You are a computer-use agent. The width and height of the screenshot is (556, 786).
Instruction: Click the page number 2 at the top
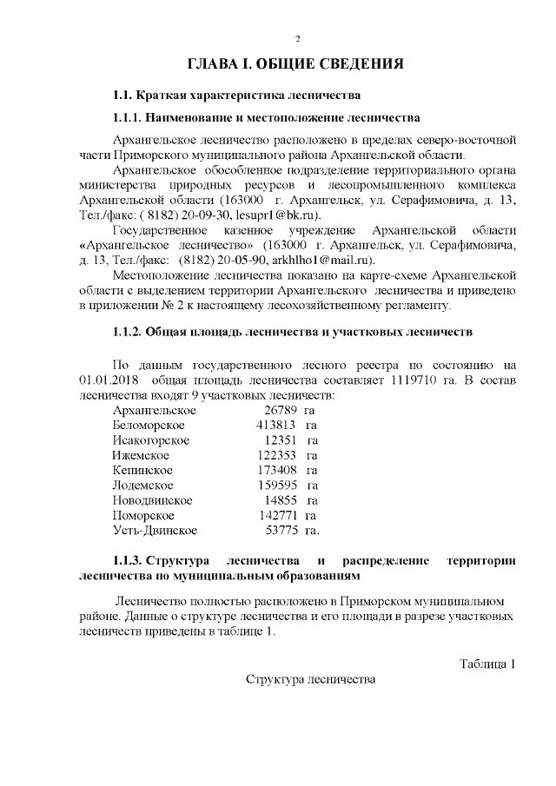[297, 39]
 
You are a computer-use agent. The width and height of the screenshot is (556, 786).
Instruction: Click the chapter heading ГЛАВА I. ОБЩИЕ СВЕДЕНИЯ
[297, 65]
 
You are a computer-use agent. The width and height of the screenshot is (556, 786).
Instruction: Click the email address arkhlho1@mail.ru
[321, 259]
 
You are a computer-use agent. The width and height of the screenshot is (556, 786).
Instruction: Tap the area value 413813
[276, 425]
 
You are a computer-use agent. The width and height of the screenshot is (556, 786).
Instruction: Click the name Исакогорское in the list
[151, 440]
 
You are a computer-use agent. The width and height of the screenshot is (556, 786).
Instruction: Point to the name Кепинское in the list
[142, 470]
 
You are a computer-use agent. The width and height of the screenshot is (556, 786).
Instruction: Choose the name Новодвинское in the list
[152, 500]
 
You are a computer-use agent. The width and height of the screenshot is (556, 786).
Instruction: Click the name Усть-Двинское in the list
[155, 530]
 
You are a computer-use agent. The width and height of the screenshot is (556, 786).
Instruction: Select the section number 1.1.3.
[128, 560]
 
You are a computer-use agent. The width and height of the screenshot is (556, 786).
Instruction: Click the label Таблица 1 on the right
[487, 664]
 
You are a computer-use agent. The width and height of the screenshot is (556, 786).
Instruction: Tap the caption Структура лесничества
[310, 679]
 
